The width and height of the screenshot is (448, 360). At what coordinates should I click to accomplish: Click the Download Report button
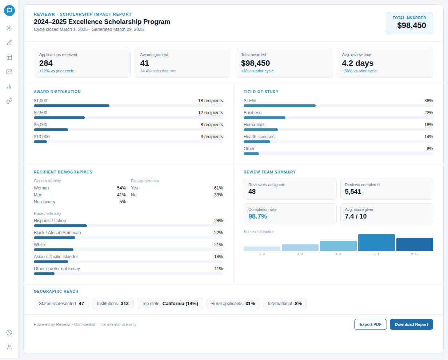pos(411,324)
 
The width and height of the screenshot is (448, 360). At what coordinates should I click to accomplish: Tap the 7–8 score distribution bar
pos(376,243)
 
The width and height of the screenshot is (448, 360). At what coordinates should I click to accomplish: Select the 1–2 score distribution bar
pos(262,249)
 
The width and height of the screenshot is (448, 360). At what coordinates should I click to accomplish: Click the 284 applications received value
pos(46,63)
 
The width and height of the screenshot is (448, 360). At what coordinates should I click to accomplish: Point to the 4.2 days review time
pos(357,63)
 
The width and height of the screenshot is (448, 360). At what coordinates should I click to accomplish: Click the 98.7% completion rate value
pos(257,216)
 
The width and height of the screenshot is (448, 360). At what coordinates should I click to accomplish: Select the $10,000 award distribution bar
pos(40,141)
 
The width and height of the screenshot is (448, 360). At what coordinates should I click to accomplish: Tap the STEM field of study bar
pos(279,105)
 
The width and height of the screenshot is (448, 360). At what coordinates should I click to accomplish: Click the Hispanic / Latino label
pos(50,221)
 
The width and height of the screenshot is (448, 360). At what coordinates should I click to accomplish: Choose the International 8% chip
pos(285,304)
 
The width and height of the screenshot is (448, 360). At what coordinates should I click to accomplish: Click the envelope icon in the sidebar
pos(9,72)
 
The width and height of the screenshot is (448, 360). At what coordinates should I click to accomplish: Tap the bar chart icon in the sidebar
pos(9,86)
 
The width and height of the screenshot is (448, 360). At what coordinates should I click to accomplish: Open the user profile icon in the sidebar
pos(9,347)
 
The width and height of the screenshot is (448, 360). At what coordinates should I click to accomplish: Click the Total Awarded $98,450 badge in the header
pos(409,23)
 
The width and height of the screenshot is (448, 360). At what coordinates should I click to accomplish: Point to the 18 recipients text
pos(210,101)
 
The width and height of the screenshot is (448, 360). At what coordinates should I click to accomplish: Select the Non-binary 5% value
pos(123,202)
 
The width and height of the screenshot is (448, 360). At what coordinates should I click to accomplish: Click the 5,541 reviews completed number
pos(353,192)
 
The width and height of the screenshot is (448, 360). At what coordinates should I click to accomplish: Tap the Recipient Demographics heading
pos(63,172)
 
